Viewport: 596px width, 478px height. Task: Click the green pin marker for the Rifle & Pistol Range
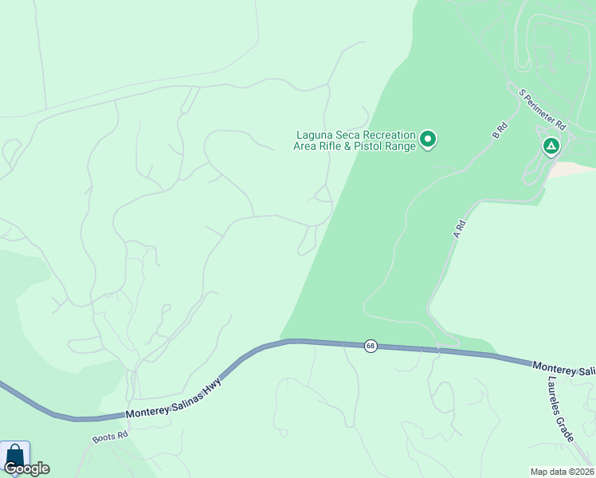tap(428, 140)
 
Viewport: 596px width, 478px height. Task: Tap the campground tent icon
tap(551, 146)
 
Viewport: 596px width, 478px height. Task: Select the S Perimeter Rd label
tap(542, 109)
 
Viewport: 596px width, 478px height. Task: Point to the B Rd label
tap(500, 129)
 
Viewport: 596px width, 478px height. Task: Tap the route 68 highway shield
tap(371, 346)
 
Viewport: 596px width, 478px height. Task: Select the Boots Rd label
tap(110, 437)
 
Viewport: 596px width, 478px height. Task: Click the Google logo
tap(26, 468)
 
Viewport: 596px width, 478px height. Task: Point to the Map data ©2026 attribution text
tap(562, 471)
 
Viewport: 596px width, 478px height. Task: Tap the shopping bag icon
tap(14, 456)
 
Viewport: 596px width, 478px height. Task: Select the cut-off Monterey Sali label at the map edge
tap(564, 370)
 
